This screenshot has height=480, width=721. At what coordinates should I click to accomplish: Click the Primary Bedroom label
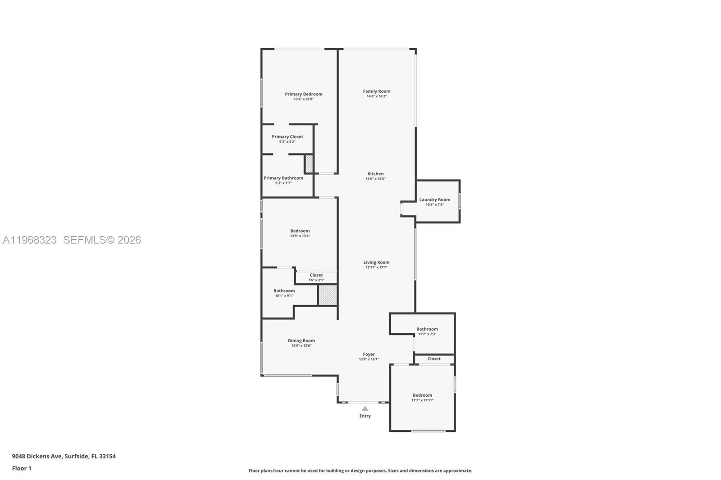(x=303, y=94)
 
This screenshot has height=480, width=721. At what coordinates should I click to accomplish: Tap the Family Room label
(x=377, y=91)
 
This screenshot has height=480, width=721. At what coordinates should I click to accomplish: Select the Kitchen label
(x=375, y=174)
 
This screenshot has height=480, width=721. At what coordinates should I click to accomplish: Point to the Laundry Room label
(x=434, y=199)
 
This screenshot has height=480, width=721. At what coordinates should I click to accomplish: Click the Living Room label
(x=376, y=262)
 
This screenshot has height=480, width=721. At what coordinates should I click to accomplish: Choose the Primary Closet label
(x=287, y=136)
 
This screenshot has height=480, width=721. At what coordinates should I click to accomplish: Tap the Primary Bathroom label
(x=283, y=178)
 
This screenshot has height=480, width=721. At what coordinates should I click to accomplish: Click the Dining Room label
(x=301, y=340)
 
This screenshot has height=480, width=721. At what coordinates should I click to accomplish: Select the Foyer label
(x=369, y=354)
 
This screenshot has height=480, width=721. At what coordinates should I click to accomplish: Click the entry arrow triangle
(x=365, y=409)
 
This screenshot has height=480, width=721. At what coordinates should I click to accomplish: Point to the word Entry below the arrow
(x=365, y=416)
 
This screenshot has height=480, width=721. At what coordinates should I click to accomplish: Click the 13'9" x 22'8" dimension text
(x=303, y=99)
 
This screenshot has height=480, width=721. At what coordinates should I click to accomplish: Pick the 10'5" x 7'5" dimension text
(x=434, y=205)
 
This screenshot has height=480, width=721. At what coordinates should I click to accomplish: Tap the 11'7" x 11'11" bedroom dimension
(x=422, y=400)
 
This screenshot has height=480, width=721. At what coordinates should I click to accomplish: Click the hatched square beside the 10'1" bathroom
(x=328, y=295)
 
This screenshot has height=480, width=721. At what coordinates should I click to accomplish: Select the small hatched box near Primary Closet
(x=309, y=163)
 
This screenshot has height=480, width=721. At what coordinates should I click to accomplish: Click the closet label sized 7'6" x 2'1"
(x=316, y=275)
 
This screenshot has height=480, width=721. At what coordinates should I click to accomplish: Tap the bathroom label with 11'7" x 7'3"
(x=427, y=329)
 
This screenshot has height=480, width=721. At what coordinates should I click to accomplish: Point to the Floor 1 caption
(x=22, y=468)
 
